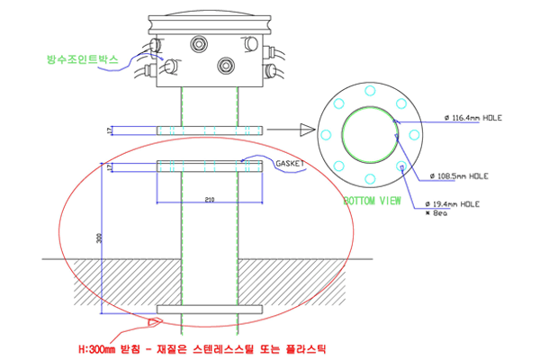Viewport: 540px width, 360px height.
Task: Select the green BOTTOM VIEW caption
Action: pyautogui.click(x=372, y=201)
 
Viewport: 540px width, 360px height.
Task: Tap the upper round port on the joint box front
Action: pyautogui.click(x=197, y=42)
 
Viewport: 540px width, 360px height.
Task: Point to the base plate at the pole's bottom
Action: pyautogui.click(x=210, y=310)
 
